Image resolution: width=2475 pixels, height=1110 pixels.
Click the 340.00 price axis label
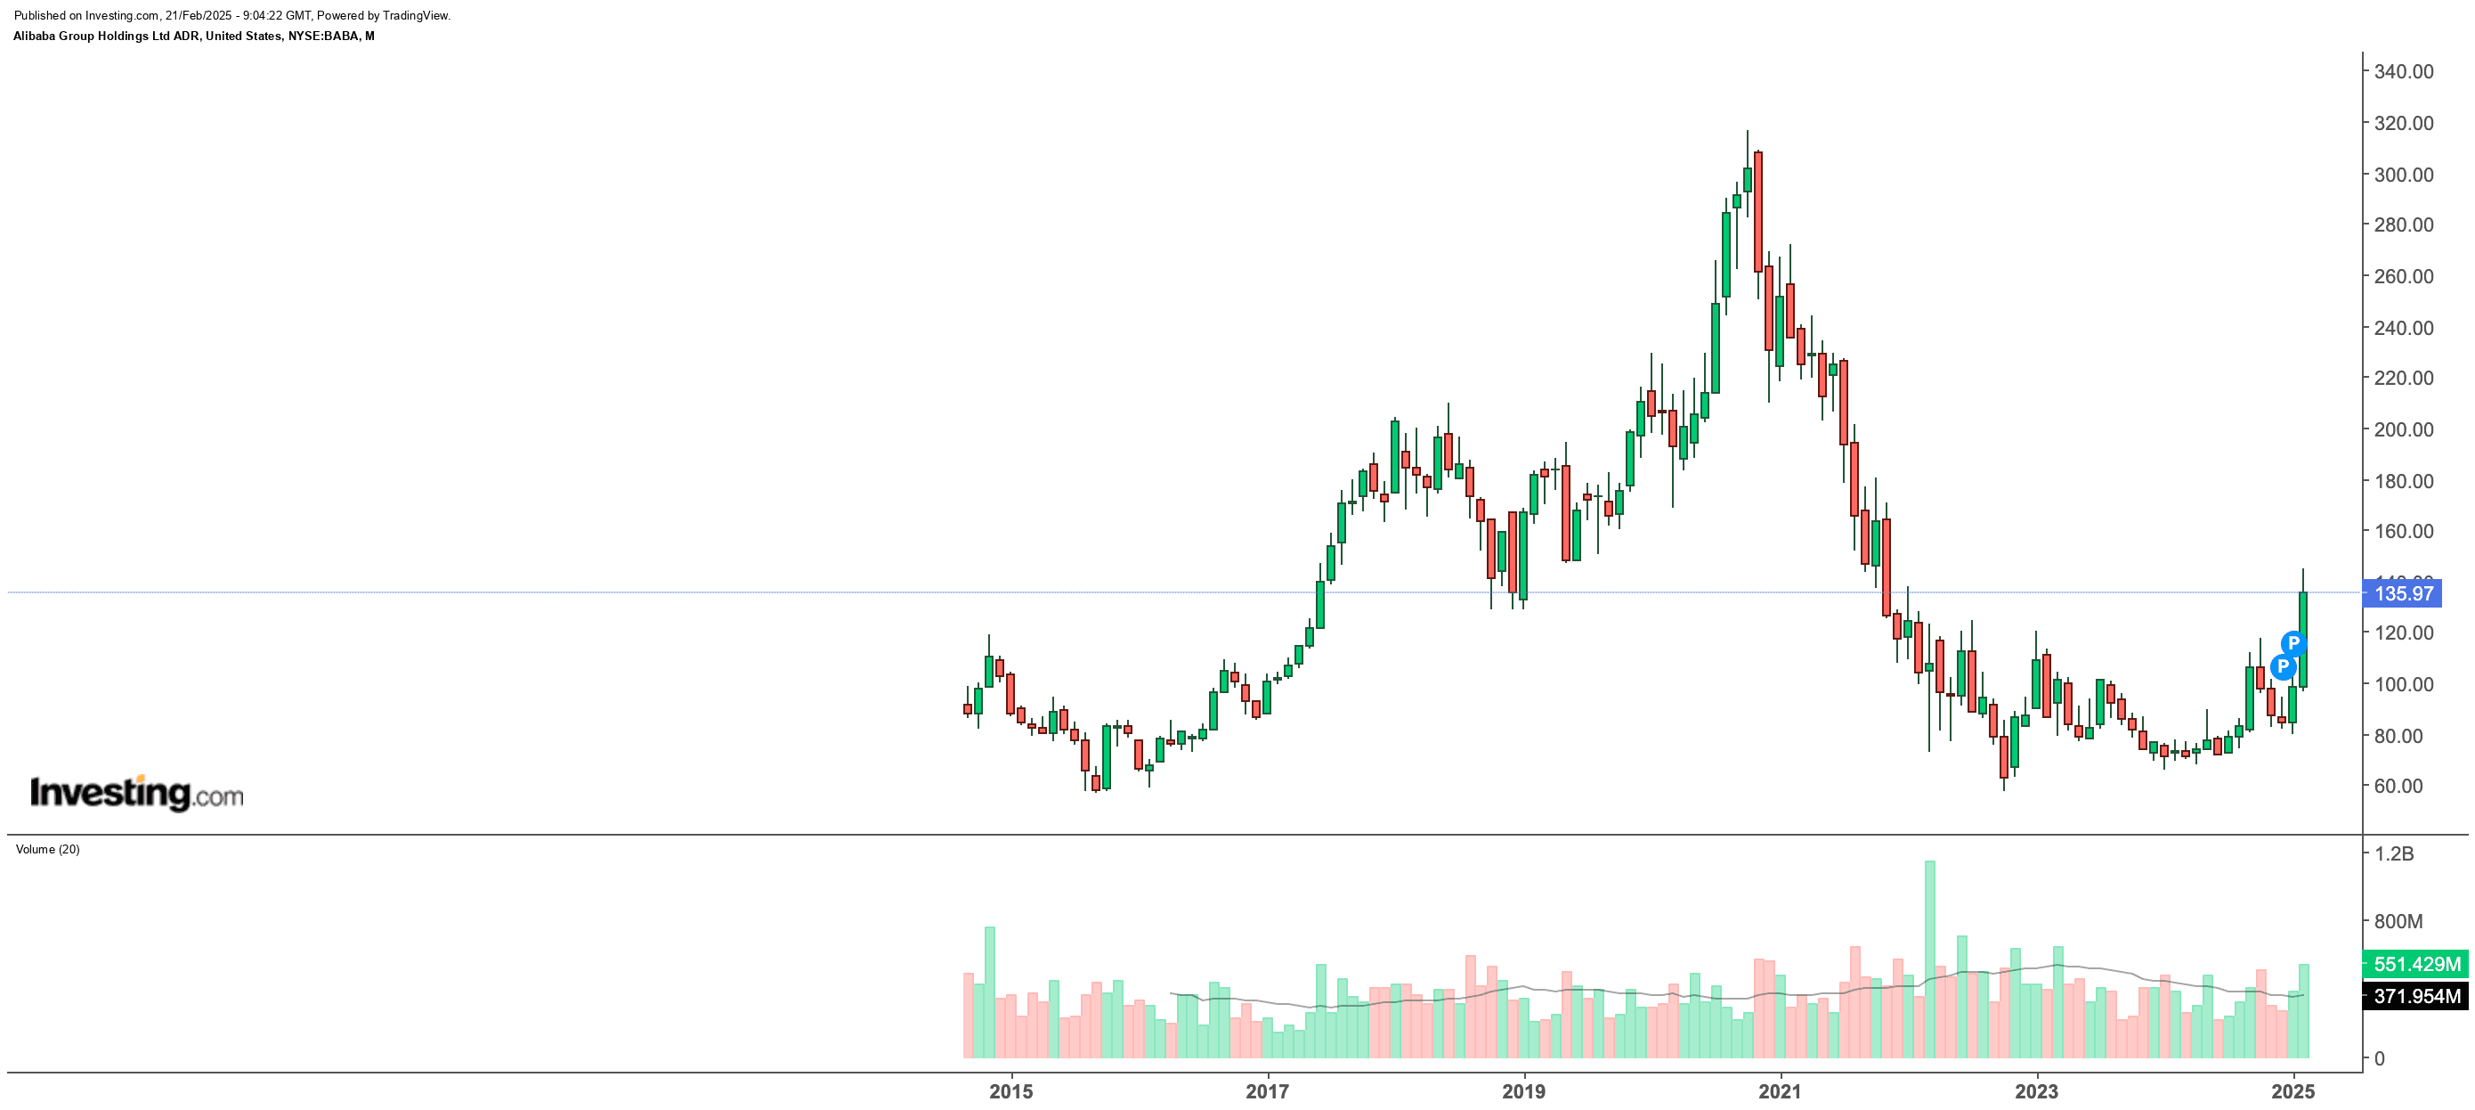tap(2403, 72)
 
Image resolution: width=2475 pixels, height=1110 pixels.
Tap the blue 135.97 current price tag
tap(2402, 594)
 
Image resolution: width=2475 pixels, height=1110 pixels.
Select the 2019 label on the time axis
tap(1524, 1092)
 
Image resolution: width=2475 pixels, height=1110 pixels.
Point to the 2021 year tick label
tap(1781, 1092)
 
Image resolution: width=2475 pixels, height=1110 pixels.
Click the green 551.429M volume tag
tap(2416, 964)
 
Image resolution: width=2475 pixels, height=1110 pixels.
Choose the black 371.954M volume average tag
tap(2416, 997)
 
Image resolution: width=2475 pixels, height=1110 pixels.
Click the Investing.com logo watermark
tap(136, 794)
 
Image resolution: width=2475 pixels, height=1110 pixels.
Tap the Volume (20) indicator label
tap(48, 850)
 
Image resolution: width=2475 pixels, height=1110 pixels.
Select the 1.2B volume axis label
tap(2393, 854)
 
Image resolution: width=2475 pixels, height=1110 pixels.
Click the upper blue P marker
tap(2293, 643)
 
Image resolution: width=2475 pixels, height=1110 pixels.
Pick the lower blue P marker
tap(2282, 666)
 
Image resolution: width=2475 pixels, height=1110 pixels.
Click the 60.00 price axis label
tap(2398, 786)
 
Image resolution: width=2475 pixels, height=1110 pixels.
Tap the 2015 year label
tap(1010, 1092)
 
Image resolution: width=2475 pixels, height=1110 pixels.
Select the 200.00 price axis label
tap(2403, 429)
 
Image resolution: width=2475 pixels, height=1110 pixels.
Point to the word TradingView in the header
tap(415, 15)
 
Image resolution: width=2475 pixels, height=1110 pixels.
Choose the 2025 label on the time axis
tap(2292, 1092)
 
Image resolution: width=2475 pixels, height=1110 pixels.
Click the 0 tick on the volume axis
tap(2379, 1059)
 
